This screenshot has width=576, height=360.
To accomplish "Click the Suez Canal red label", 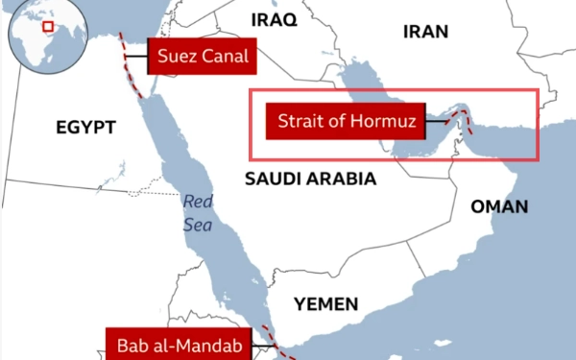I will (200, 57).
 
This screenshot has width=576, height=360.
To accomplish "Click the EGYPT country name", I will (85, 128).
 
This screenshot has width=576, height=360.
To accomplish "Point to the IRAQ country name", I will (274, 19).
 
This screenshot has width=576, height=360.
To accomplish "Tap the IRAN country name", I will (425, 32).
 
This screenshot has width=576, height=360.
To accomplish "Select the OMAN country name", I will (498, 207).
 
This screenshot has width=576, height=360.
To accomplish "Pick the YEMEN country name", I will (325, 305).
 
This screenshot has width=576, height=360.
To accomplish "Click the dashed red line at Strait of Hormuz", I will (464, 121).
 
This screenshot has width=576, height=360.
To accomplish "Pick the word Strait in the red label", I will (298, 122).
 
